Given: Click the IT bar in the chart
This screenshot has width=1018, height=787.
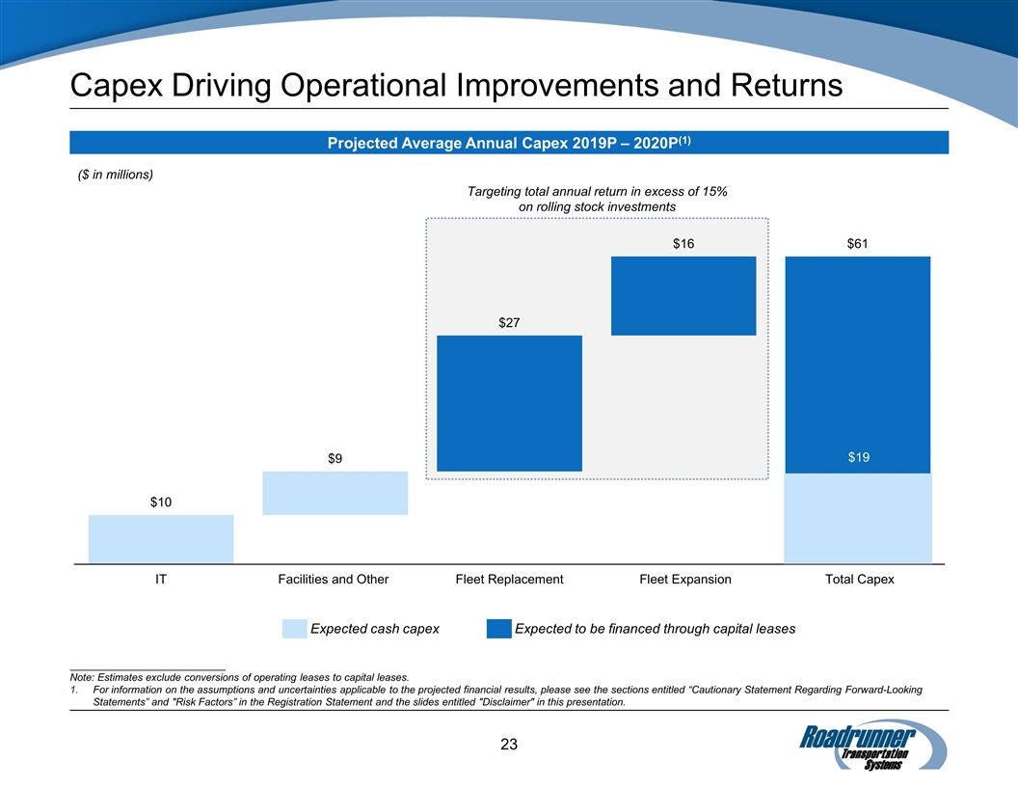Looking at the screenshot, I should coord(161,538).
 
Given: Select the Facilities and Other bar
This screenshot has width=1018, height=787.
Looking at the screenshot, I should coord(335,493).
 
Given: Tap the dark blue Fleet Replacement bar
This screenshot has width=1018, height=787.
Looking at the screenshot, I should coord(509,403).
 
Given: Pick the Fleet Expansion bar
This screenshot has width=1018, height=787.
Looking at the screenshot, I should coord(683,295).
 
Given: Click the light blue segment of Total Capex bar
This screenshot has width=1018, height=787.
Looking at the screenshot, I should coord(858,518).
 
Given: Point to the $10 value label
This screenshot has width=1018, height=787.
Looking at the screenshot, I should coord(161,502).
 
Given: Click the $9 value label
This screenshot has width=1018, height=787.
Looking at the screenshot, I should coord(334,458).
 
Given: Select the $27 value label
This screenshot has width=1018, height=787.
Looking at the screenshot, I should coord(509,322).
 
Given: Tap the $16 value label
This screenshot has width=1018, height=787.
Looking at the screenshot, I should coord(683,244).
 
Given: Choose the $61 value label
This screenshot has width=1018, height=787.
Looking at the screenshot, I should coord(858,244).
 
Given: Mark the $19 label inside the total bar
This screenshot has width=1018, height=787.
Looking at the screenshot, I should coord(858,457).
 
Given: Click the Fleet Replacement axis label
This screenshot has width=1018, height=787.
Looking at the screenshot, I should coord(509,580).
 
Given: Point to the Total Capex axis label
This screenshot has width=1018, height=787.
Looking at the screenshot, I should coord(858,580).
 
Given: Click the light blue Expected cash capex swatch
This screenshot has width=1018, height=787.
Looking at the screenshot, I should coord(294,629).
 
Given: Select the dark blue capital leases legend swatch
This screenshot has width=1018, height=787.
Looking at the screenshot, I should coord(498,629).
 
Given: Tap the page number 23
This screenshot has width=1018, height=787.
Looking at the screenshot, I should coord(509,744).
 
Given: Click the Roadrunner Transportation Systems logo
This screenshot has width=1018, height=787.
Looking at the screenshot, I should coord(872,744).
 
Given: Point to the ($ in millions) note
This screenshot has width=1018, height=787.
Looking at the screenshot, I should coord(115,175).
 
